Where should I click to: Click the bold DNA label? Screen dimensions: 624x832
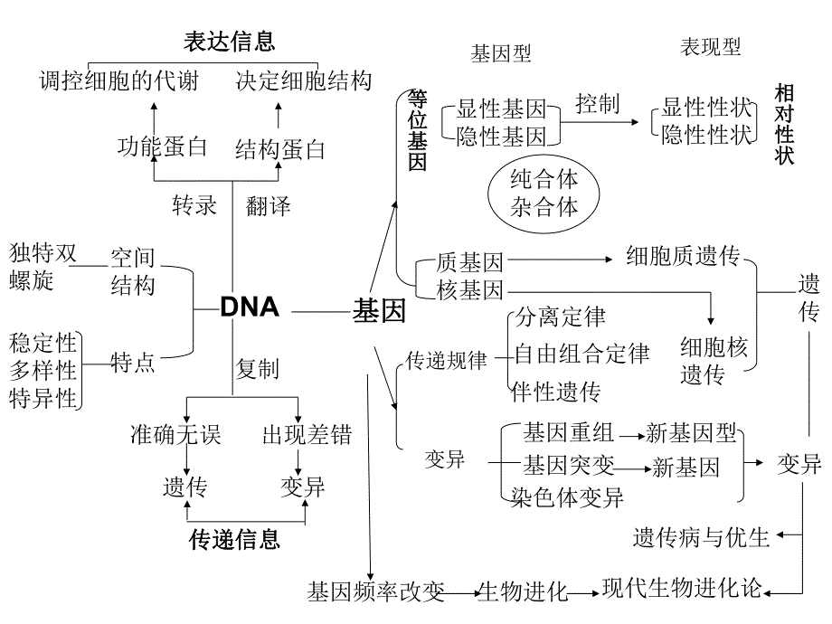click(250, 307)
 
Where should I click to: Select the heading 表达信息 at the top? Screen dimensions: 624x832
click(230, 42)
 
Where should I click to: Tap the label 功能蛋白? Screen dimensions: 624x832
click(163, 147)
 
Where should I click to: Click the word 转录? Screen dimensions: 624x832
click(195, 205)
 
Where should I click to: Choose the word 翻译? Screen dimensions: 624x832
click(269, 206)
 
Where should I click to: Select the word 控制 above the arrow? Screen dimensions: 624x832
click(597, 103)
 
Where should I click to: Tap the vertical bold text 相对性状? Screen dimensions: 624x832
click(784, 124)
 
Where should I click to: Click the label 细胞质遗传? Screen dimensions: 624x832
click(683, 257)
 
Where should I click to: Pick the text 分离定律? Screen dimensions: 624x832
click(560, 317)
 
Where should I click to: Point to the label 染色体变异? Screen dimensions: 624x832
click(567, 496)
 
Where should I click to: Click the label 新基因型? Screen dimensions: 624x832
click(692, 434)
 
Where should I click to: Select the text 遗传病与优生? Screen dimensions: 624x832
click(701, 537)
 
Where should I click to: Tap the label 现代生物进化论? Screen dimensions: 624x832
click(683, 589)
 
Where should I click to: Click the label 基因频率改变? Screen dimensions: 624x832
click(376, 592)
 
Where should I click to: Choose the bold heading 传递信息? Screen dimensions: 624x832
click(235, 540)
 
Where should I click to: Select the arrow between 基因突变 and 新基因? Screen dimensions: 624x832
click(633, 468)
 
